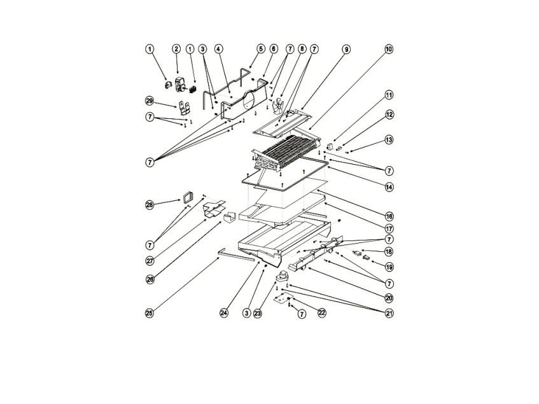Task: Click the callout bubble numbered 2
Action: (x=176, y=49)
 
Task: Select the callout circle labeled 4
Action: (x=218, y=49)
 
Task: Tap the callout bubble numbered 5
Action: (x=260, y=49)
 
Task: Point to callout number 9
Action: (x=346, y=49)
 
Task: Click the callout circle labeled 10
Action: (x=388, y=49)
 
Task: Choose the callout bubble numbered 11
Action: (x=388, y=96)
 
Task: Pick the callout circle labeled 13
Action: (x=388, y=139)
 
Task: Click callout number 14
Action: (x=388, y=188)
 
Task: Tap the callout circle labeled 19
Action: (x=388, y=267)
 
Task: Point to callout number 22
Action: (x=321, y=312)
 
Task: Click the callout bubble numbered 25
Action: (x=150, y=312)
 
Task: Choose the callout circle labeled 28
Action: (x=150, y=204)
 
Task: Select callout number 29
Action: (x=150, y=101)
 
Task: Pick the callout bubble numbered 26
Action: (x=150, y=278)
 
